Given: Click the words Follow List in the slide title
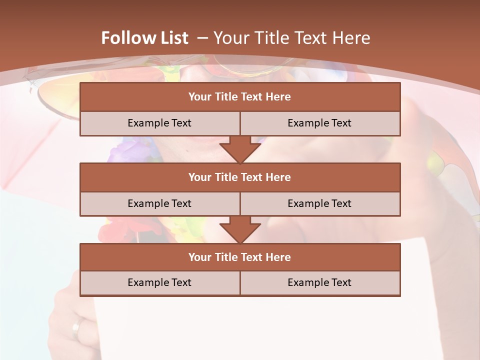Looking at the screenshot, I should [x=144, y=38].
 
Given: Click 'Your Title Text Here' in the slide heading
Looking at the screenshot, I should [x=291, y=38].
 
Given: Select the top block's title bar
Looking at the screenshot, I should [x=240, y=97].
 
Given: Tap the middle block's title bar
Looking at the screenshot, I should [x=240, y=177].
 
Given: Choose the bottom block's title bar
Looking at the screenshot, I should [x=240, y=257].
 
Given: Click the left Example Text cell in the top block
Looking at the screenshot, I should [x=159, y=123].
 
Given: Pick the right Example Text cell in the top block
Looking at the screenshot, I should [x=319, y=123].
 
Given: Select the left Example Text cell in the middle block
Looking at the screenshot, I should [x=159, y=203].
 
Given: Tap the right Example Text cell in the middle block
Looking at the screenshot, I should [x=319, y=203].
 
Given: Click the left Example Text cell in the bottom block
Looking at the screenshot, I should [x=159, y=282].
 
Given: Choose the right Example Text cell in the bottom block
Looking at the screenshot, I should [x=319, y=282].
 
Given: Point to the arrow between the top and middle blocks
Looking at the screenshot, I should [x=240, y=149].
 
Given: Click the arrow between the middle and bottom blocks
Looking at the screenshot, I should [x=240, y=229].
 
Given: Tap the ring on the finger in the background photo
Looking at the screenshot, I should [x=76, y=329].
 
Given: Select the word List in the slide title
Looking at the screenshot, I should [x=173, y=38].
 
